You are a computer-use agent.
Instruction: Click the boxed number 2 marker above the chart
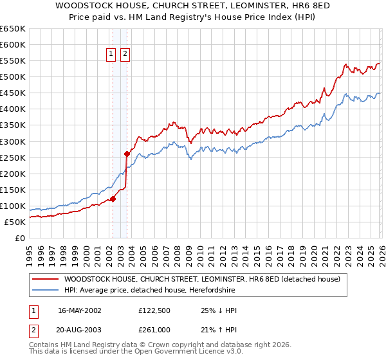pos(124,55)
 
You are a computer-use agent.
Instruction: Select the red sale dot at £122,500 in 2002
pos(113,199)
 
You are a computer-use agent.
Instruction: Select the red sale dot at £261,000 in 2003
pos(127,154)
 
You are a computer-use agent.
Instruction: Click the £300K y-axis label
pos(13,141)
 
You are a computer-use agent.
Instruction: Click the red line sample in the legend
pos(45,280)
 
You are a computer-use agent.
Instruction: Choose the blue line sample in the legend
pos(45,291)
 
